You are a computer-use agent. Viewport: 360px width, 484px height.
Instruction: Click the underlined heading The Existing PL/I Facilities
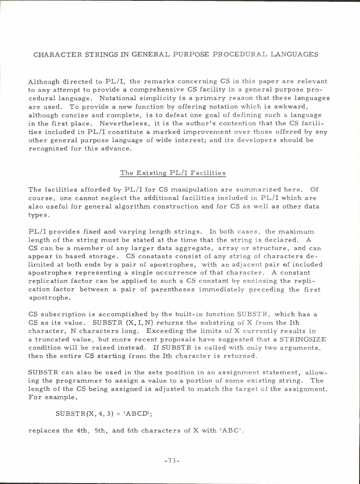(x=173, y=173)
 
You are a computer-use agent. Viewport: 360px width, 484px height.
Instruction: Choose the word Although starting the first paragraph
(x=44, y=82)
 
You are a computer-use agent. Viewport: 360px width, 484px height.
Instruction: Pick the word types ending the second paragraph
(x=37, y=215)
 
